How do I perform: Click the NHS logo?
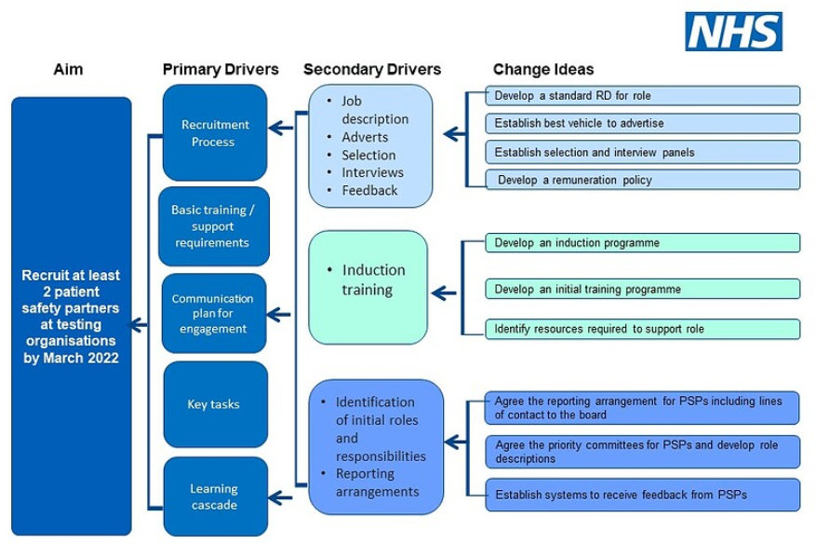(733, 32)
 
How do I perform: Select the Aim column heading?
(69, 70)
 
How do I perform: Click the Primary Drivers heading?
(221, 70)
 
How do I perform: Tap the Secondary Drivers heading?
(372, 70)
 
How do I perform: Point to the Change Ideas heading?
(542, 70)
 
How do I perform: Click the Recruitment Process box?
(215, 132)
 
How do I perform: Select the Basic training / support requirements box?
(215, 226)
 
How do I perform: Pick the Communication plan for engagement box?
(215, 313)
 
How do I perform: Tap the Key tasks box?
(215, 404)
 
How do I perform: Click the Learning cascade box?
(215, 496)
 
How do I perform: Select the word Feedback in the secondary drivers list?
(368, 190)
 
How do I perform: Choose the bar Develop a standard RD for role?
(642, 96)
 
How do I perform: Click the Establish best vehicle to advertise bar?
(642, 123)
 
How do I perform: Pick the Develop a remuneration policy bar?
(642, 179)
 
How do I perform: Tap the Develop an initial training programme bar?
(642, 289)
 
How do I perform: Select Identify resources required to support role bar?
(642, 329)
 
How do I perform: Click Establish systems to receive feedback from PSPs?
(642, 494)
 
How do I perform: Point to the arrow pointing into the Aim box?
(140, 324)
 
